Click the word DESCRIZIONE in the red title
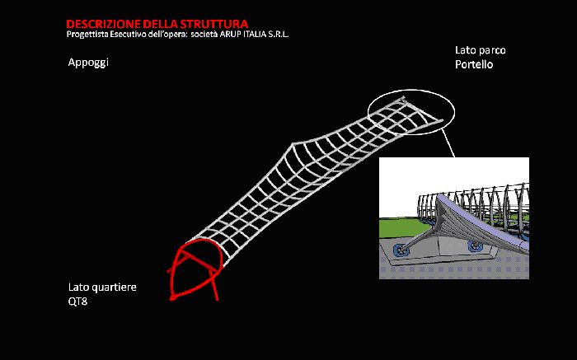[x=103, y=24]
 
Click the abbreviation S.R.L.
[x=279, y=35]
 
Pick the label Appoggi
[x=88, y=63]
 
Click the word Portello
[x=474, y=64]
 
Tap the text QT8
[x=77, y=302]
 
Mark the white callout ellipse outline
[x=411, y=90]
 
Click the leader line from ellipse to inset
[x=448, y=143]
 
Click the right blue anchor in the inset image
[x=474, y=245]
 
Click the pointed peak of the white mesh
[x=293, y=144]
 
